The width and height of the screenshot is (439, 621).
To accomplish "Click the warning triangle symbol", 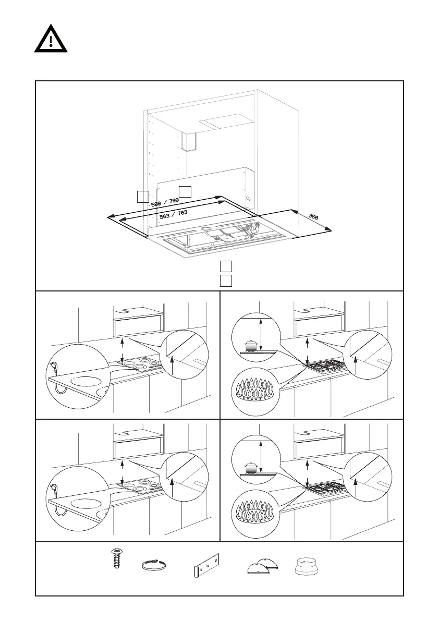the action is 50,40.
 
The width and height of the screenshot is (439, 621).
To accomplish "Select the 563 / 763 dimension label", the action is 173,215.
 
